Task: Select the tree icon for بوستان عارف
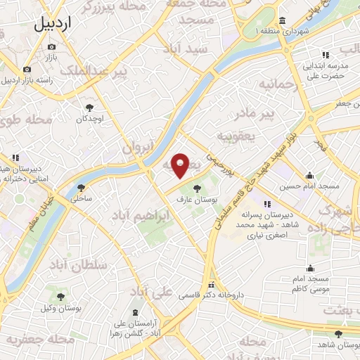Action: point(196,188)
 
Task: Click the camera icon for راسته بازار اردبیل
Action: point(27,69)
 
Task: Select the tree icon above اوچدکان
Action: point(90,108)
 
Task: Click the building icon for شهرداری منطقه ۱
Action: point(282,20)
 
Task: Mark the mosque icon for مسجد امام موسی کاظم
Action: point(310,268)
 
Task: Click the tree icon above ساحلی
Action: point(81,188)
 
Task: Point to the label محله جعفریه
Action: point(41,340)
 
